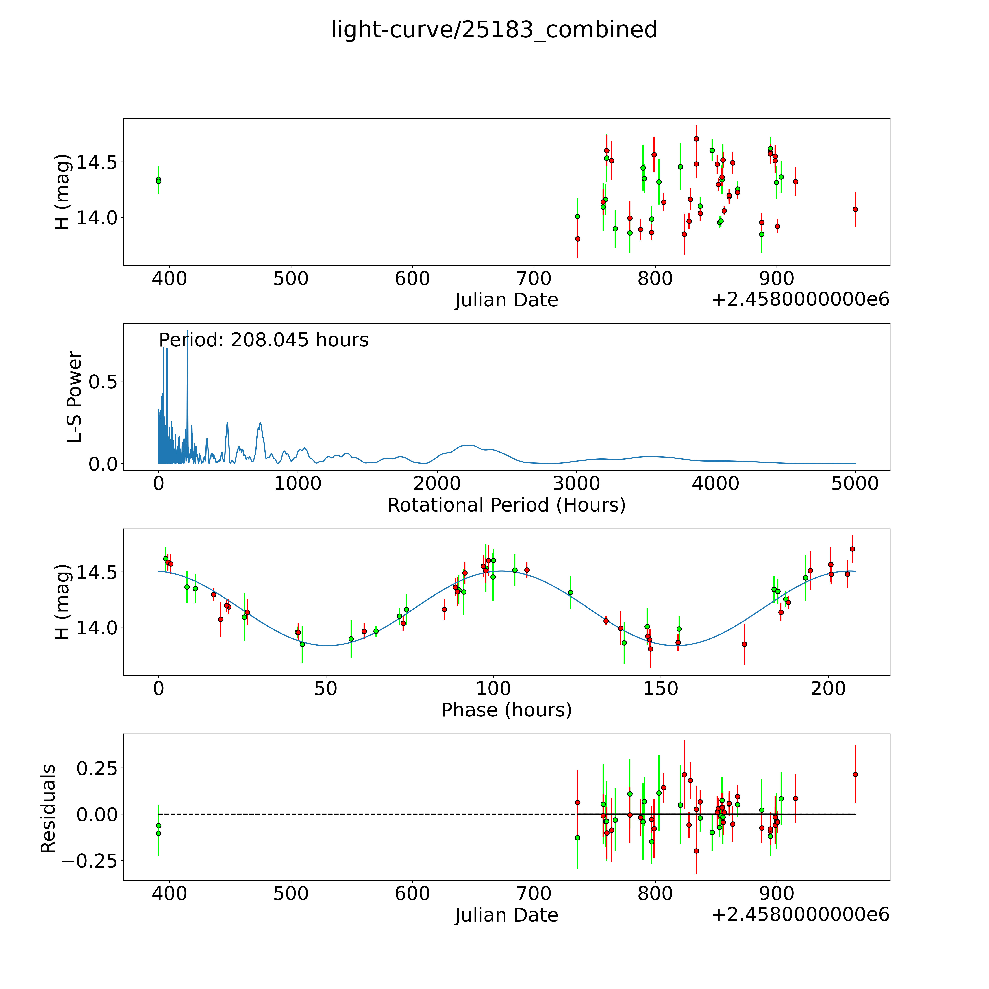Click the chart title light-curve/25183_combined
pyautogui.click(x=494, y=30)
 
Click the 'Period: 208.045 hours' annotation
pyautogui.click(x=264, y=340)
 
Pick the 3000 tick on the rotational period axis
pyautogui.click(x=576, y=484)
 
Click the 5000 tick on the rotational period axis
pyautogui.click(x=855, y=484)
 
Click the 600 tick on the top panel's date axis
pyautogui.click(x=412, y=279)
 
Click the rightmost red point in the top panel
pyautogui.click(x=855, y=209)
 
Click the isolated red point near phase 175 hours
pyautogui.click(x=744, y=644)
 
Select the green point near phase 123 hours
pyautogui.click(x=570, y=592)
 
